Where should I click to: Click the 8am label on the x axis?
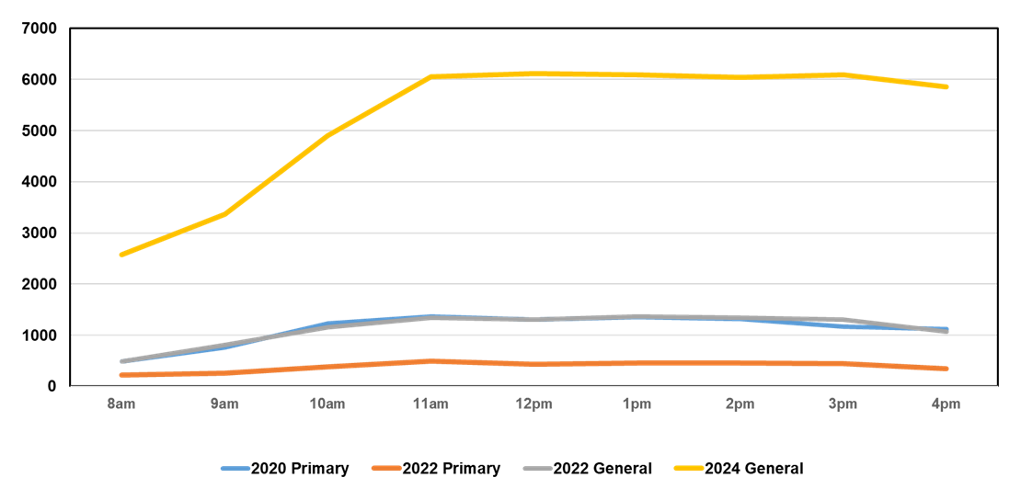tap(121, 404)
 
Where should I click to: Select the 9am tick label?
tap(224, 404)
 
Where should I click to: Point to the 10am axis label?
tap(327, 404)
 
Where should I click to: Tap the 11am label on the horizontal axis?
tap(430, 404)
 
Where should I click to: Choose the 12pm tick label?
tap(533, 404)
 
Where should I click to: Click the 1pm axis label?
tap(637, 404)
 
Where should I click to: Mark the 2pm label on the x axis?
tap(740, 404)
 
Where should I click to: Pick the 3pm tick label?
tap(843, 404)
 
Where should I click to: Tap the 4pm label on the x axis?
tap(946, 404)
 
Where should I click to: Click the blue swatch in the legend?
tap(235, 468)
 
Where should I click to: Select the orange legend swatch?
tap(386, 468)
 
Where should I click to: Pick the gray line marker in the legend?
tap(538, 468)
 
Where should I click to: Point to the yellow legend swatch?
tap(689, 468)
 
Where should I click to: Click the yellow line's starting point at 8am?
tap(121, 255)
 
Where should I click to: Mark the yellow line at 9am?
tap(224, 213)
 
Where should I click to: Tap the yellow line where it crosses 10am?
tap(327, 134)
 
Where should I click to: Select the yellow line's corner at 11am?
tap(430, 76)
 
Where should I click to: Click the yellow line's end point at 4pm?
tap(946, 87)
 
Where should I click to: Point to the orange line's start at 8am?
tap(121, 375)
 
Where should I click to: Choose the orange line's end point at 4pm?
tap(946, 369)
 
